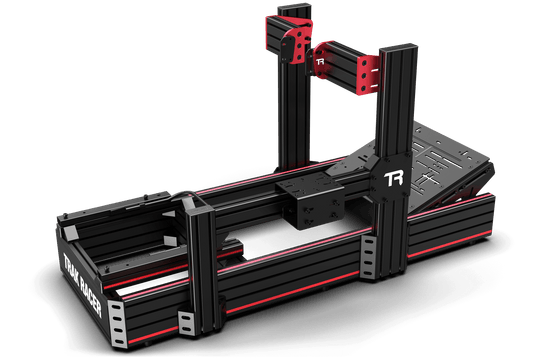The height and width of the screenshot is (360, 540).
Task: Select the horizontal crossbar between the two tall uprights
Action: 330,60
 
